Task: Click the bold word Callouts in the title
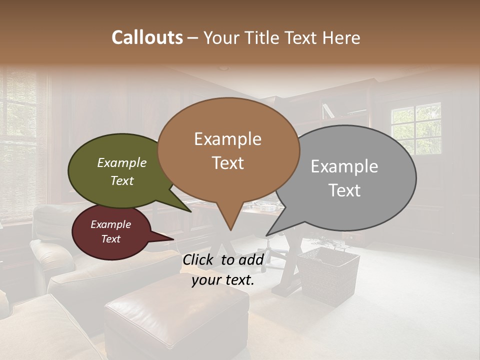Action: pyautogui.click(x=147, y=37)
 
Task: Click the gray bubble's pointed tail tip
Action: pyautogui.click(x=267, y=235)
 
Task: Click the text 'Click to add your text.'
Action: pyautogui.click(x=223, y=269)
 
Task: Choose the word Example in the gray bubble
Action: pyautogui.click(x=344, y=166)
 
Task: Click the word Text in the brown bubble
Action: pyautogui.click(x=228, y=163)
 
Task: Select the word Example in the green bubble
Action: pyautogui.click(x=121, y=162)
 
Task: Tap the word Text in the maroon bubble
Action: pyautogui.click(x=110, y=239)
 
